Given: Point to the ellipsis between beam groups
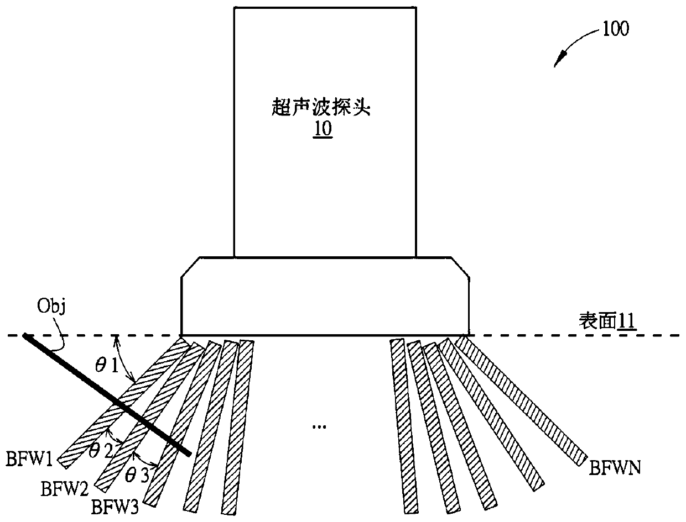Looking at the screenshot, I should coord(319,426).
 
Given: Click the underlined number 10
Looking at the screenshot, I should coord(323,131).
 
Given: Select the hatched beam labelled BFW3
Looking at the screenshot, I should coord(177,425).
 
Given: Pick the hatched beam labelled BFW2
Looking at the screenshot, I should coord(149,414).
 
